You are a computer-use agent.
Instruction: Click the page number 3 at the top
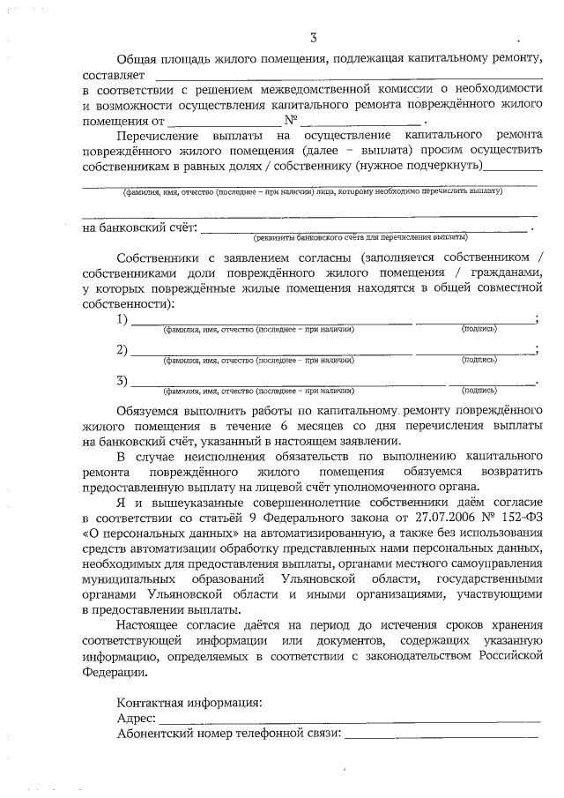click(x=312, y=36)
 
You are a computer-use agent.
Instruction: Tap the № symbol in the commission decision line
click(x=290, y=120)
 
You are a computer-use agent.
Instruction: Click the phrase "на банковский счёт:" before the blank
click(x=138, y=227)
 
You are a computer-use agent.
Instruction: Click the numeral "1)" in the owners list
click(x=122, y=318)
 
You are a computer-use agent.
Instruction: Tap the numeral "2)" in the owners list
click(x=122, y=349)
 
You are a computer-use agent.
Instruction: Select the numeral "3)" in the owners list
click(x=122, y=380)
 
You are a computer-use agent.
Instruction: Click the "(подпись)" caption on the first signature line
click(x=479, y=329)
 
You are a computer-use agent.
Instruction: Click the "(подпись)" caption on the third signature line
click(x=479, y=390)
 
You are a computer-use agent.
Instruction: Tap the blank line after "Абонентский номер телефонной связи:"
click(x=441, y=735)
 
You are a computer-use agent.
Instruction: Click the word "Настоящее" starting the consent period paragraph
click(x=152, y=625)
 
